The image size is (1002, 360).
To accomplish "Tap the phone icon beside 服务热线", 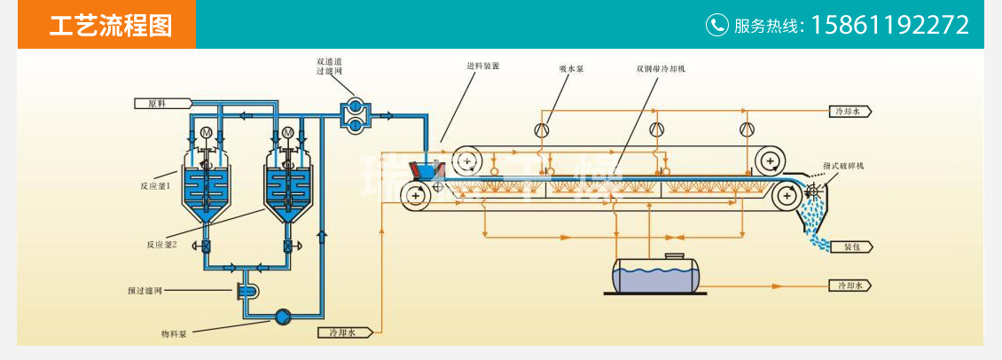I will [716, 25].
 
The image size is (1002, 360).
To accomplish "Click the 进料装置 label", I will [483, 67].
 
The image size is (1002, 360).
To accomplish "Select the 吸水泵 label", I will [571, 67].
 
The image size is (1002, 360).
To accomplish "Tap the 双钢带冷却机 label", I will [661, 67].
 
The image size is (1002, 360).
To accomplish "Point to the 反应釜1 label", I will [154, 187].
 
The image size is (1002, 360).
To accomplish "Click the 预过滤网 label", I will [142, 290].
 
